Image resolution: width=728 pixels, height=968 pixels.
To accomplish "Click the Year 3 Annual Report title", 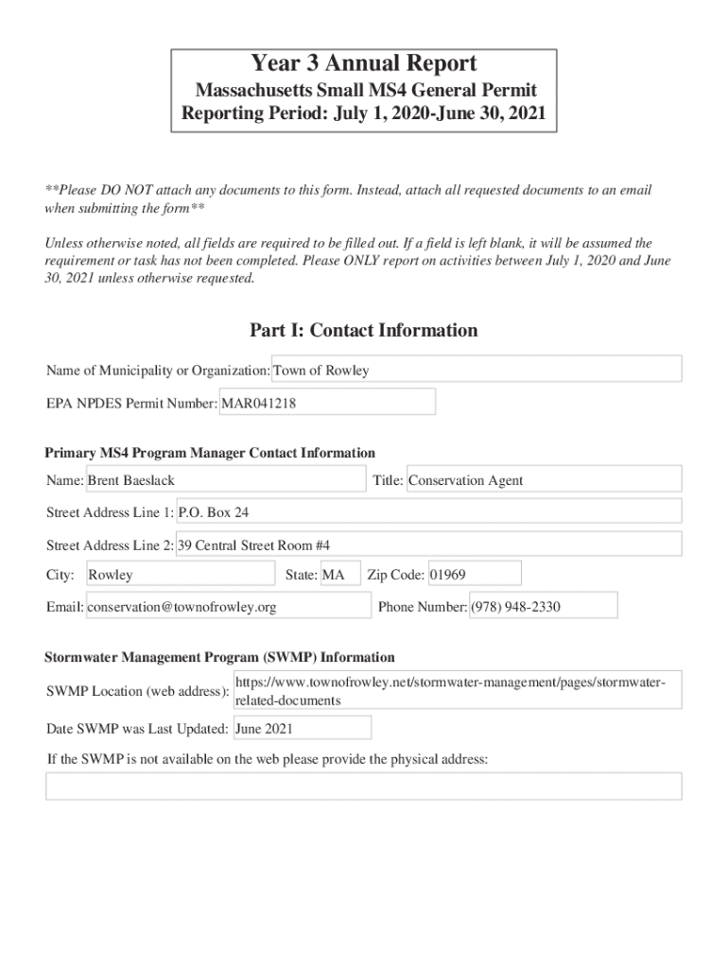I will pyautogui.click(x=364, y=64).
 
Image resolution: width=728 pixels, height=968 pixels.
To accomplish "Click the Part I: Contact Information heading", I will pyautogui.click(x=364, y=330).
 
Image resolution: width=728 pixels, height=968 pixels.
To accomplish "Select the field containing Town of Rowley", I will pyautogui.click(x=477, y=371).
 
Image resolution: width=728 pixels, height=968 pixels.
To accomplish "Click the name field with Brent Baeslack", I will pyautogui.click(x=225, y=480).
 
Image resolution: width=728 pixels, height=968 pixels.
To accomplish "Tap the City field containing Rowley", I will pyautogui.click(x=180, y=575).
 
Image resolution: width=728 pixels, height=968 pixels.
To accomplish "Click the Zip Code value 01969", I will pyautogui.click(x=474, y=575).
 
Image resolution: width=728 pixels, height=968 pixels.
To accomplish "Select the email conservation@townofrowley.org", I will pyautogui.click(x=228, y=607).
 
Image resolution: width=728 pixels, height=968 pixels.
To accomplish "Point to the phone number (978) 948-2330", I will pyautogui.click(x=543, y=607).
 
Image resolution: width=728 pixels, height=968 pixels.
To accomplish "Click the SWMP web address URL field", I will pyautogui.click(x=457, y=691).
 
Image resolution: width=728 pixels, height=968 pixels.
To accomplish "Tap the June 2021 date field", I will pyautogui.click(x=302, y=729).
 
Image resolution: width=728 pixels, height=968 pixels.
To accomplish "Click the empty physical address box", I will pyautogui.click(x=364, y=786).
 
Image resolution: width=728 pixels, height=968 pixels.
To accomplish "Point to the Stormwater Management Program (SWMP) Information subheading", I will pyautogui.click(x=219, y=657).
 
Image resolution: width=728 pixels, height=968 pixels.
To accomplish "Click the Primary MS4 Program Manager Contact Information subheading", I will pyautogui.click(x=210, y=453).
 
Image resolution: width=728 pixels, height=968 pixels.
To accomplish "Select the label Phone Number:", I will pyautogui.click(x=422, y=607).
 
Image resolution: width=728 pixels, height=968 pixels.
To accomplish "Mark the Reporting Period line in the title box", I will pyautogui.click(x=364, y=116).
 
